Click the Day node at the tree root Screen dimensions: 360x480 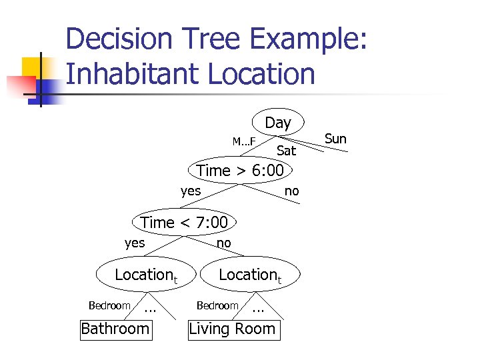(278, 123)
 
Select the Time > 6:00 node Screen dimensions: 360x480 (240, 171)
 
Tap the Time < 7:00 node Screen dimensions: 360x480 (185, 223)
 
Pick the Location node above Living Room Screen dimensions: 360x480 (250, 275)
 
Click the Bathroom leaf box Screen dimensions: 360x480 (115, 329)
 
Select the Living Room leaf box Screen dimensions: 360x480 (232, 329)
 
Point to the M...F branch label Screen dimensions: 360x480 (243, 141)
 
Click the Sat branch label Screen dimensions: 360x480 (286, 151)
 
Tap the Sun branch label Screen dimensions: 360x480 (335, 139)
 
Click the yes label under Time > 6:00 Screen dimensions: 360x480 (191, 191)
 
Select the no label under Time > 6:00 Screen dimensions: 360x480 (292, 191)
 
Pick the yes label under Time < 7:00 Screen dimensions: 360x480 (135, 243)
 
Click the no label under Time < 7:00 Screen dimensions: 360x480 (224, 243)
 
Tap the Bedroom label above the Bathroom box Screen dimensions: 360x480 (109, 305)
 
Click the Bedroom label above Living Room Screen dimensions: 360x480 (217, 305)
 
